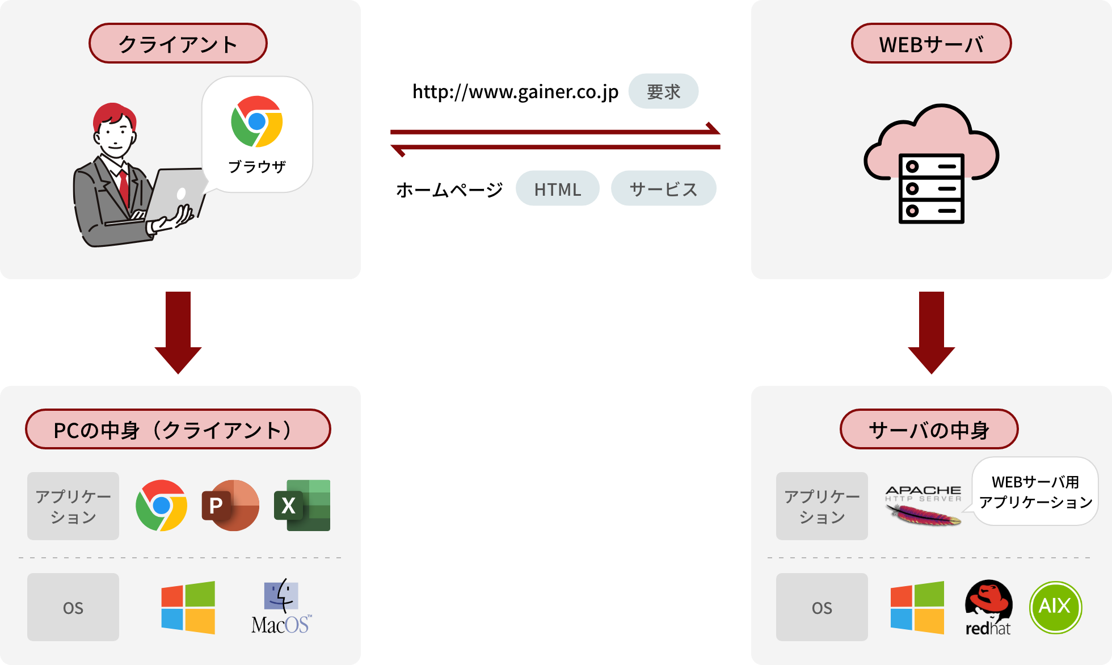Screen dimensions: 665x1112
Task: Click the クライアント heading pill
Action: tap(178, 44)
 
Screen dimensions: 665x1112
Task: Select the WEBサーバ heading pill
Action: tap(931, 44)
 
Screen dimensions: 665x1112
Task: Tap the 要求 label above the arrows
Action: tap(663, 91)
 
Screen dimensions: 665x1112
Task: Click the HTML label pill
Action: tap(557, 189)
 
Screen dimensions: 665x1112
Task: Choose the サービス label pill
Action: tap(663, 189)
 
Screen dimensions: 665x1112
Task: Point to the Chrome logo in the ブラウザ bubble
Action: tap(257, 121)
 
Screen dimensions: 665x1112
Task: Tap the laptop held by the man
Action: tap(176, 193)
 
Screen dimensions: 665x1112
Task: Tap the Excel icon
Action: tap(302, 505)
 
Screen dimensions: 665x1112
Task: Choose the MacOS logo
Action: tap(281, 607)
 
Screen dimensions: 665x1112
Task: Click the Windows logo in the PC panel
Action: tap(188, 607)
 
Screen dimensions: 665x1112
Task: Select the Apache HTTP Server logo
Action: tap(924, 505)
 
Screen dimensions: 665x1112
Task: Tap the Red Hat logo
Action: tap(988, 607)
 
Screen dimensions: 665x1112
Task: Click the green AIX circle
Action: tap(1055, 607)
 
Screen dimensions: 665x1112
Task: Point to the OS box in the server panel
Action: tap(822, 607)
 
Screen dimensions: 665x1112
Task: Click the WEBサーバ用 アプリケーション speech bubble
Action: tap(1035, 491)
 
